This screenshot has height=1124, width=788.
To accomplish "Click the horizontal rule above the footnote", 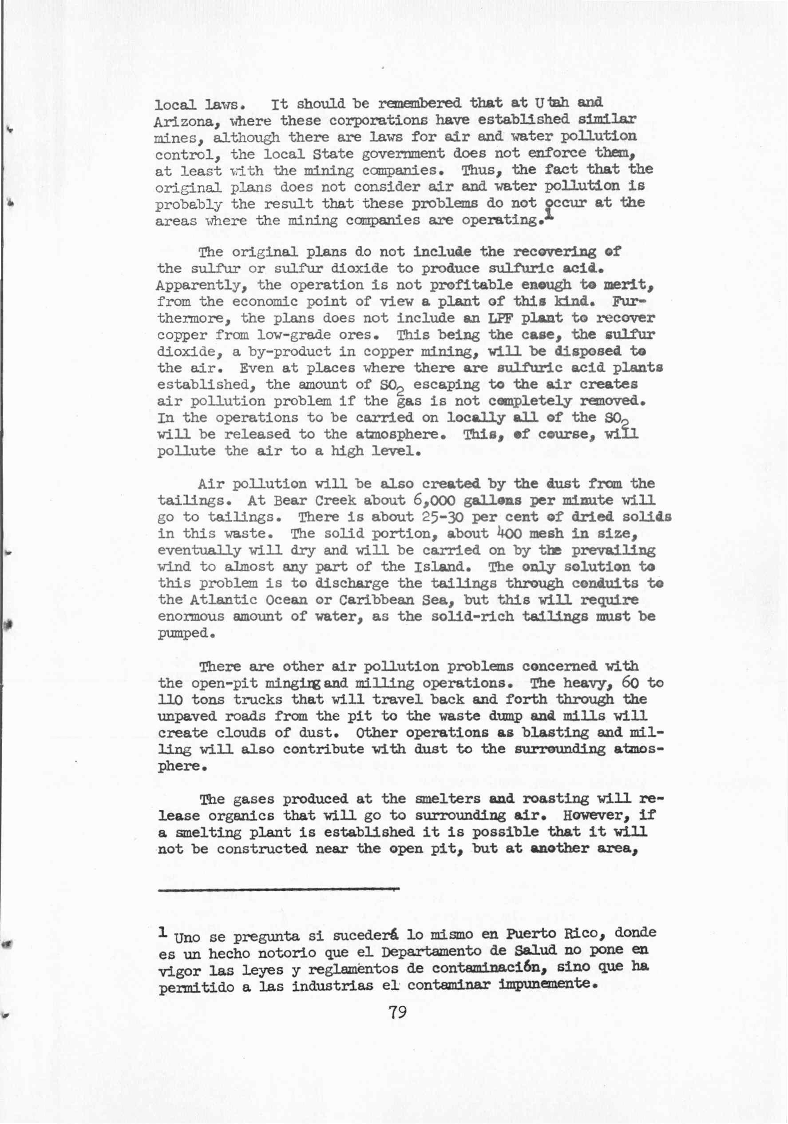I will point(279,888).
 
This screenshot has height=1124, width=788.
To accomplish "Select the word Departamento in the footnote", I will point(427,951).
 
